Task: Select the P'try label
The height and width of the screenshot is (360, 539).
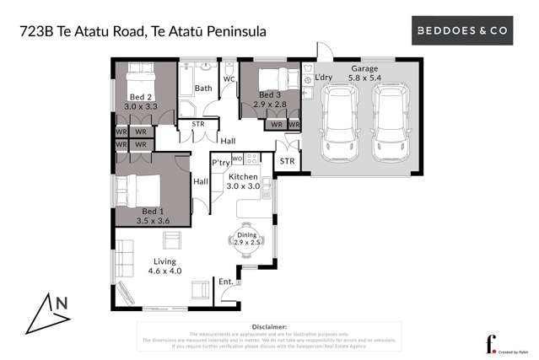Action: [x=221, y=162]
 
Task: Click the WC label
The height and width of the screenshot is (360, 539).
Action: [x=229, y=80]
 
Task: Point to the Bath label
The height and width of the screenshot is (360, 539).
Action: [x=203, y=88]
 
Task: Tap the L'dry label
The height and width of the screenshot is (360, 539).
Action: [x=325, y=78]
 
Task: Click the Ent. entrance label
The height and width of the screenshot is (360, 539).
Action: [x=225, y=281]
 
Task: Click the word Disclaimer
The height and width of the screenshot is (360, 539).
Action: [x=269, y=326]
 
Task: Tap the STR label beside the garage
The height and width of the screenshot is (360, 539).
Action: [x=287, y=160]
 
